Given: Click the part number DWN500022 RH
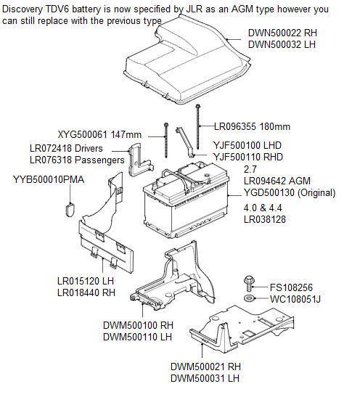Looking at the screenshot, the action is coord(282,33).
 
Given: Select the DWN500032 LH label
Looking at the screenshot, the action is coord(282,44).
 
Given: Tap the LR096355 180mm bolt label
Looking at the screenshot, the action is coord(252,126).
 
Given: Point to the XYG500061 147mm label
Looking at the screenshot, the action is coord(99,134).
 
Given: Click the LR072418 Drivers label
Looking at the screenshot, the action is coord(66,148).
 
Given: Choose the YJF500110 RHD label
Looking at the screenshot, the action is coord(247,157).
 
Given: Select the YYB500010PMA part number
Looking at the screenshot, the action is coord(49,179).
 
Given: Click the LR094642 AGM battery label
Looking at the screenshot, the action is coord(277,181).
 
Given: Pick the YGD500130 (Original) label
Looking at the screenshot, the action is coord(290,192).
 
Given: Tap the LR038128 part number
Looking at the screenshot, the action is coord(265,219).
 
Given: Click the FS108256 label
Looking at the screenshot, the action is coord(291,287).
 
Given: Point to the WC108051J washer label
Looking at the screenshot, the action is coord(295,299).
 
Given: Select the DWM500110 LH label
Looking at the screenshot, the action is coord(137,337).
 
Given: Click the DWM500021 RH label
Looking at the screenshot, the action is coord(205,367).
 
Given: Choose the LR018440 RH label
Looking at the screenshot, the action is coord(86,292).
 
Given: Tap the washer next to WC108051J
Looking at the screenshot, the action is coord(250,298).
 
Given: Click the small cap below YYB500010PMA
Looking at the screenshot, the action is coord(70,210).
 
